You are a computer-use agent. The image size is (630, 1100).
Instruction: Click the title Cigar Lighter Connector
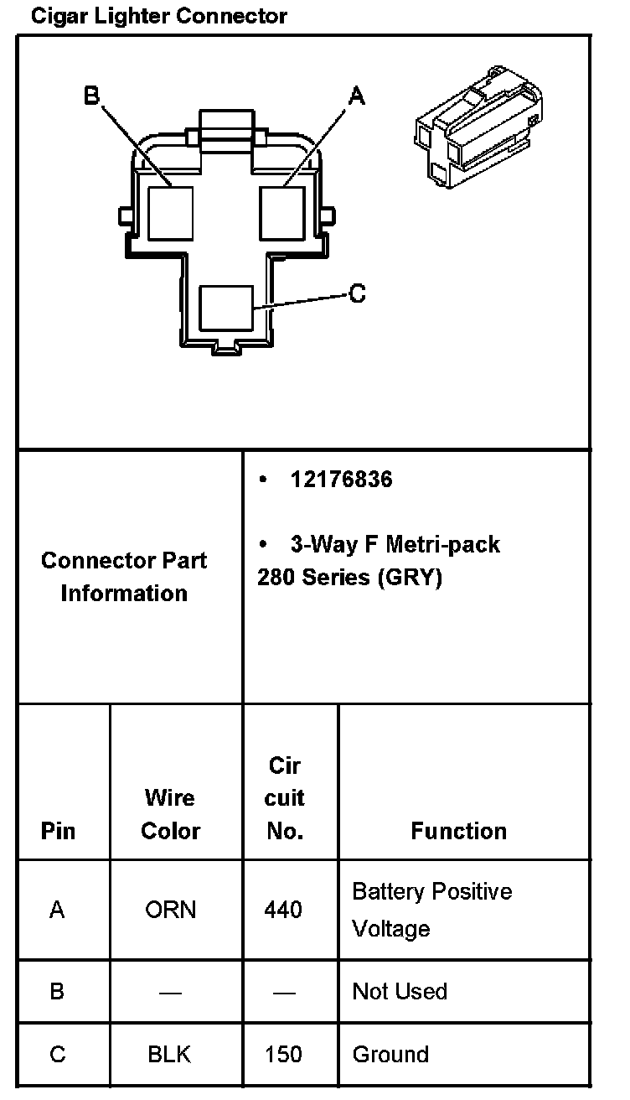[x=158, y=16]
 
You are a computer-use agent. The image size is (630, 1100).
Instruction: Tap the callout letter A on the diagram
[x=357, y=97]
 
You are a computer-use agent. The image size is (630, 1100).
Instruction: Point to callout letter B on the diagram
[x=92, y=96]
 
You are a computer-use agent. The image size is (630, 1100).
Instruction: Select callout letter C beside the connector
[x=358, y=293]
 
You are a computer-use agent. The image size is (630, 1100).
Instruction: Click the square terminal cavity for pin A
[x=281, y=212]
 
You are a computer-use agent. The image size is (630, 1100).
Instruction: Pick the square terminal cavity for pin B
[x=171, y=212]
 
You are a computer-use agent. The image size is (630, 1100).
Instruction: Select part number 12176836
[x=341, y=480]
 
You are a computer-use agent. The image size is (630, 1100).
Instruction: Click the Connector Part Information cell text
[x=124, y=577]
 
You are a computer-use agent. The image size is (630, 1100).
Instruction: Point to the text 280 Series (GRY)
[x=349, y=578]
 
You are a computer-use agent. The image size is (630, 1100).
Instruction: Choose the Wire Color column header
[x=171, y=814]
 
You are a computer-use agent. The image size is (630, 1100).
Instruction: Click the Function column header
[x=458, y=831]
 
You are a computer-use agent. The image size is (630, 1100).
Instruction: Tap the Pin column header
[x=58, y=831]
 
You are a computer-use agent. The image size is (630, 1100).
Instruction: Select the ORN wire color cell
[x=171, y=910]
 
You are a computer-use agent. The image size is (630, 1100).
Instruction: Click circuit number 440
[x=283, y=910]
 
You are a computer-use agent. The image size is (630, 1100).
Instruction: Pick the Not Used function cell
[x=400, y=991]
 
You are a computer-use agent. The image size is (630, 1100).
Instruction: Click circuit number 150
[x=283, y=1054]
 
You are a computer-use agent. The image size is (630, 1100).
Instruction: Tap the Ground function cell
[x=390, y=1054]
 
